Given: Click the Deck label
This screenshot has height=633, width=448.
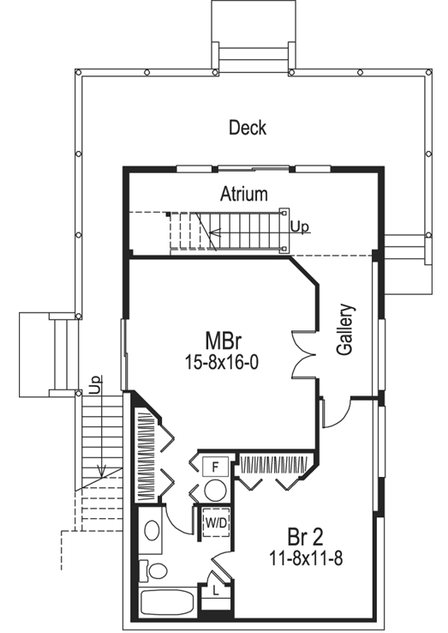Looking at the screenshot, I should (248, 128).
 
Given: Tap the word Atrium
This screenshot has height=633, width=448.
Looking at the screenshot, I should (243, 193).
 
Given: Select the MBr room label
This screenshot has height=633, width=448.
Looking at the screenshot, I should (221, 338).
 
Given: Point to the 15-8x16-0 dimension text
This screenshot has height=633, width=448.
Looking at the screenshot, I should (221, 363).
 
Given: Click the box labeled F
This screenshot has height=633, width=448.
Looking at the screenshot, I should (215, 467).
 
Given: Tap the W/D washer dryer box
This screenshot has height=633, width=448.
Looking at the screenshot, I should (214, 520).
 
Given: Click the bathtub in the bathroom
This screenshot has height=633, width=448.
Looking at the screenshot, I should (167, 603).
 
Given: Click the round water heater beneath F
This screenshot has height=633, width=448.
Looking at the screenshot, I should (215, 490).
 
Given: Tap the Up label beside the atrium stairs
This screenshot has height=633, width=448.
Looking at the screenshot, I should (299, 227).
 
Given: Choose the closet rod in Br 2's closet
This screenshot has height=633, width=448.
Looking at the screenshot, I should (276, 465).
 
